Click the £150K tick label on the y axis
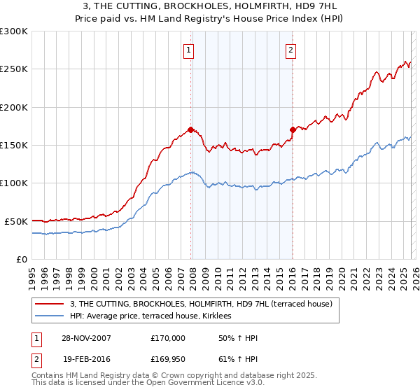(14, 145)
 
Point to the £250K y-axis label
(14, 69)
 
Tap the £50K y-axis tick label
(16, 221)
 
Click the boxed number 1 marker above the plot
(190, 50)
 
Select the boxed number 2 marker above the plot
(290, 50)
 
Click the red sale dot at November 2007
(190, 129)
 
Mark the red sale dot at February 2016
(293, 129)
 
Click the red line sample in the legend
(50, 304)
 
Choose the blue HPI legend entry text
(155, 316)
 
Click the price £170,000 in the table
(168, 338)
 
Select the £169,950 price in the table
(168, 359)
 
